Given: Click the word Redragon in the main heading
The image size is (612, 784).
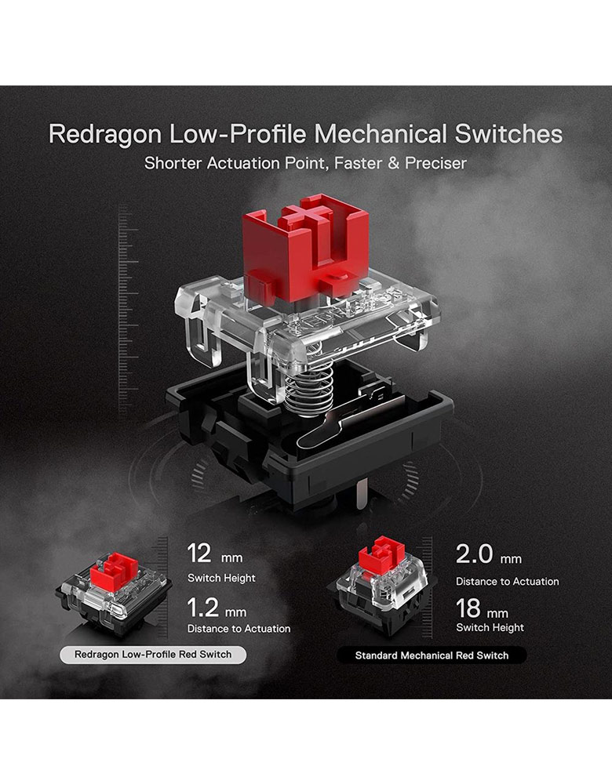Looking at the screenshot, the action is point(104,135).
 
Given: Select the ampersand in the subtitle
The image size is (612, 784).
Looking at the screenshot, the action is point(393,163).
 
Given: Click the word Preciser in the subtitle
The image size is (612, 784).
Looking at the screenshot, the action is point(436,163).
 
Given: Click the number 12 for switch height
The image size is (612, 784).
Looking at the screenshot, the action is point(199,554).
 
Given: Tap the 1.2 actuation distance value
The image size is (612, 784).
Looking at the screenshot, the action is point(202,608).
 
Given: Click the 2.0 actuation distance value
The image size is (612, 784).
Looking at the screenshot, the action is point(474,554).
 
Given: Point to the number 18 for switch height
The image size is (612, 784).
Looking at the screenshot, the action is point(468,608).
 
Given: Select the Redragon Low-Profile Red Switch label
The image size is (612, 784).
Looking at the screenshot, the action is point(153,655).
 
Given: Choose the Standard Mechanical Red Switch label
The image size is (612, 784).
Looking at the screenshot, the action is point(432,655).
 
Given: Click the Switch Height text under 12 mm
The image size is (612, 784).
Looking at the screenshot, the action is point(221,578).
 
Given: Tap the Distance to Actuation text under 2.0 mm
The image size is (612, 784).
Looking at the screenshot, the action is point(508,582).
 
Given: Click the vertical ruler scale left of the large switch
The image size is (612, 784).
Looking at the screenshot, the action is point(128,309).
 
